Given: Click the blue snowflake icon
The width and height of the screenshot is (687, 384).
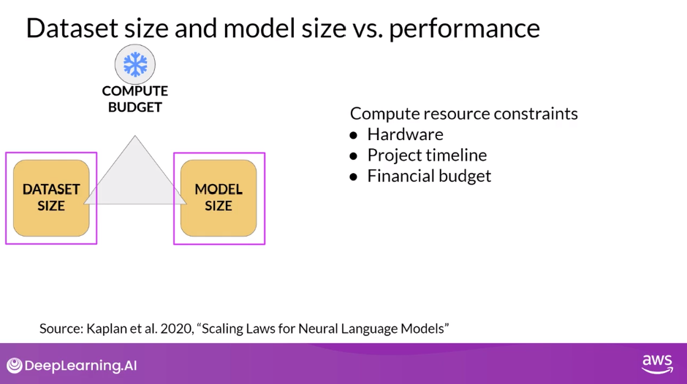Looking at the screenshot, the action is point(135,64).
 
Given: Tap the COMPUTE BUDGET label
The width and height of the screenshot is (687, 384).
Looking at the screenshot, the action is point(135,99).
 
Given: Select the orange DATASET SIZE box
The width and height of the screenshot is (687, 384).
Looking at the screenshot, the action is point(51,198).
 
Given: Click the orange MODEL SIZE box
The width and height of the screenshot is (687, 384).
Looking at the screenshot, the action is point(219,198).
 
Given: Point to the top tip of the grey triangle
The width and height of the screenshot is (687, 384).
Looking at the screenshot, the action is point(135,136).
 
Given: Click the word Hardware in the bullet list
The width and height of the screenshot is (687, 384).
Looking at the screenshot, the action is point(406,134).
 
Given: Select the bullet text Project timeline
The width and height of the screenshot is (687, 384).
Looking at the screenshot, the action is point(428,155).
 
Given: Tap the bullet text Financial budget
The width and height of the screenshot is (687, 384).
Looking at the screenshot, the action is point(430,176).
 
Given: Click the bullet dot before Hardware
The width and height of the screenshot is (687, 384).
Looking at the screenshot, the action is point(354,135).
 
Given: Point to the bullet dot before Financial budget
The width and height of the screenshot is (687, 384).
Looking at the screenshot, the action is point(354,177).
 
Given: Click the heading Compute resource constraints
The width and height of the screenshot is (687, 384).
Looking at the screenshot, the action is point(464,113).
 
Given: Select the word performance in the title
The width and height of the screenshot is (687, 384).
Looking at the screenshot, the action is point(464,29).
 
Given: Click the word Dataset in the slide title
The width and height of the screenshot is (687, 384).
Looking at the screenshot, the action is point(72,28).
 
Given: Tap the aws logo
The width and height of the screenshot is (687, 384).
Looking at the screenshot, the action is point(657,364).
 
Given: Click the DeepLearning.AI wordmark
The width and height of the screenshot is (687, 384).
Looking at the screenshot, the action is point(80,366).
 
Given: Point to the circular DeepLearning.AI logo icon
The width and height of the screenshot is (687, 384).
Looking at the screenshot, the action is point(15,365).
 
